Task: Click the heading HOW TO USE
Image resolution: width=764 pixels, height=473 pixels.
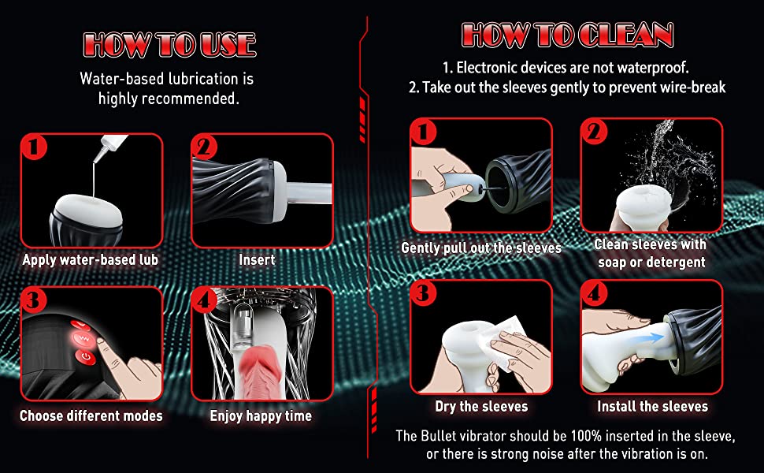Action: click(169, 45)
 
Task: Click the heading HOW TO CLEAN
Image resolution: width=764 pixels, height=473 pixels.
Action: click(568, 35)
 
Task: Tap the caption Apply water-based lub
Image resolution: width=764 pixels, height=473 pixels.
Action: click(91, 259)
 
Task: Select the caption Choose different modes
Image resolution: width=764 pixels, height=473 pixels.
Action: click(91, 415)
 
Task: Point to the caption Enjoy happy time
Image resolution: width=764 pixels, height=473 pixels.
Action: click(261, 415)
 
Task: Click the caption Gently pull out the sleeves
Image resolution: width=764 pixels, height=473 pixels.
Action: click(481, 248)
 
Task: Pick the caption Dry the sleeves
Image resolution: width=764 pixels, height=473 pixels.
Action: click(481, 406)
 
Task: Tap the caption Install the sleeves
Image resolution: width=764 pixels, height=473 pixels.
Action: click(652, 406)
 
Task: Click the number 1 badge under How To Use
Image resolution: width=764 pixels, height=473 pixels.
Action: click(34, 147)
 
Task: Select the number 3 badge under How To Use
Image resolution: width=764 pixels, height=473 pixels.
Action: click(34, 299)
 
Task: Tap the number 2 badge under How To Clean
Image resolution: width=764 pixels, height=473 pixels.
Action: click(594, 131)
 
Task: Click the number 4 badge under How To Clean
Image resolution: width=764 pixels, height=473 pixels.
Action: click(594, 293)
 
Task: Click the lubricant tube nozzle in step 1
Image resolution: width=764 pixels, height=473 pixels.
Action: click(103, 151)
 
